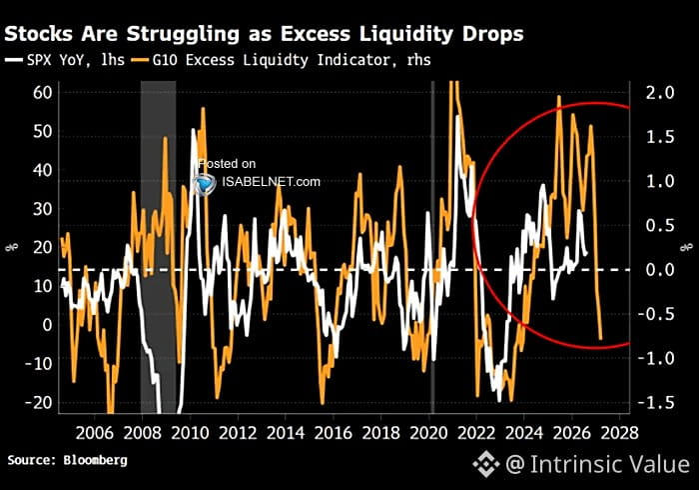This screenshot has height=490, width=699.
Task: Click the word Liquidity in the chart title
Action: coord(406,35)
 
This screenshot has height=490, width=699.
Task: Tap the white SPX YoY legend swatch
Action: coord(13,60)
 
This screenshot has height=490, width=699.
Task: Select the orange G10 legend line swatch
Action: coord(140,60)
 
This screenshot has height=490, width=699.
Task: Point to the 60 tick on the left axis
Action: coord(42,93)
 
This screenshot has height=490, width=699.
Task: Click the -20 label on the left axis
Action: coord(38,403)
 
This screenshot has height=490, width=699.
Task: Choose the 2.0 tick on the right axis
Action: coord(660,93)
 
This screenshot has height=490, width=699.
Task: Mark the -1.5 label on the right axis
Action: coord(656,403)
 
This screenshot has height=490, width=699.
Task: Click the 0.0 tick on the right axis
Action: coord(660,270)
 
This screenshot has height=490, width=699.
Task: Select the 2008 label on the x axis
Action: coord(142,433)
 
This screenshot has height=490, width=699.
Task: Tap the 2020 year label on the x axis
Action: coord(428,433)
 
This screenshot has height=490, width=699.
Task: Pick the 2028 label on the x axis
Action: coord(619,433)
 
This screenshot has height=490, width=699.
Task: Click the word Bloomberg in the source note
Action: coord(95,461)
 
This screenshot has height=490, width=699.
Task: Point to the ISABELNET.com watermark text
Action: coord(271,182)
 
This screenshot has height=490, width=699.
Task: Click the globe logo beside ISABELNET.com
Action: coord(205,184)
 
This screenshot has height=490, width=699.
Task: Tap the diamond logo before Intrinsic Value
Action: coord(486,464)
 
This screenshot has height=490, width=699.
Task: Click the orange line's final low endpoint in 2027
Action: coord(600,339)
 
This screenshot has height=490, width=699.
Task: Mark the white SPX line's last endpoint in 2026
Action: coord(585,254)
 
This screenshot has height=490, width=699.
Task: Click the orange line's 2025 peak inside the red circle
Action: coord(559,96)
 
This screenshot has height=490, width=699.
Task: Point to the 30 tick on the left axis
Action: coord(42,209)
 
